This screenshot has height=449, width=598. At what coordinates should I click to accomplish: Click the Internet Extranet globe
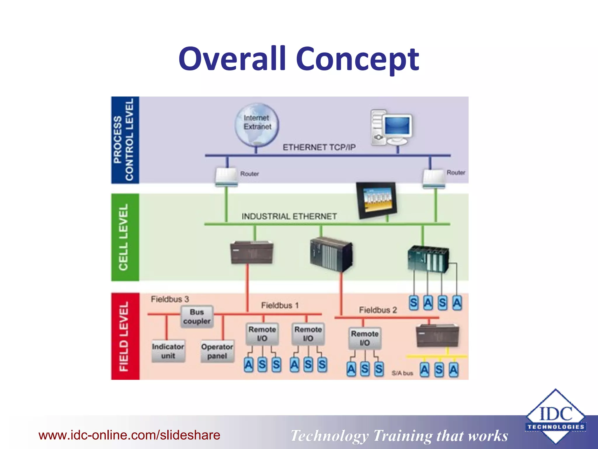tap(257, 124)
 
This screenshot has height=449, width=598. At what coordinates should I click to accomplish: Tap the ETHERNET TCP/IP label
tap(319, 147)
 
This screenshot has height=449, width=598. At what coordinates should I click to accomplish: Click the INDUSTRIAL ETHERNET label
tap(289, 216)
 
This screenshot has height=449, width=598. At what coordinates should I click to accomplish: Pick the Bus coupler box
tap(197, 317)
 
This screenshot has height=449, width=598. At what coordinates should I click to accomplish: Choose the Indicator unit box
tap(168, 351)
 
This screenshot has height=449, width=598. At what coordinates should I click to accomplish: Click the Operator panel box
tap(217, 351)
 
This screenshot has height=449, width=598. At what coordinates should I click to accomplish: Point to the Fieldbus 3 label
tap(170, 299)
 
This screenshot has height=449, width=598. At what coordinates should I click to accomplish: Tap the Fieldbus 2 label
tap(378, 310)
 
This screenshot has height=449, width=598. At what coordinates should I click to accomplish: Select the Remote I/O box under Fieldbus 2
tap(365, 338)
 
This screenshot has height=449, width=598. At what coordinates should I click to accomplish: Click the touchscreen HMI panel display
tap(376, 200)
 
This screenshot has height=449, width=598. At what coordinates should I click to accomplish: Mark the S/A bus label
tap(402, 373)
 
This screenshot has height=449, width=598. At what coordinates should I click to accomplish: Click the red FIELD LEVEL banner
tap(125, 336)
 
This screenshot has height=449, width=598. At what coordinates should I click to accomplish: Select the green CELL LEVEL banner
tap(125, 237)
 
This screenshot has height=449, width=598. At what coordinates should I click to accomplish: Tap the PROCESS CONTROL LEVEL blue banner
tap(125, 140)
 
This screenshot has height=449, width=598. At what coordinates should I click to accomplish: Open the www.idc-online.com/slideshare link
tap(129, 435)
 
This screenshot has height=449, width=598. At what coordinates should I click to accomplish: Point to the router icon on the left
tap(226, 177)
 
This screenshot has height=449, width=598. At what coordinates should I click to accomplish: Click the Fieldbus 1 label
tap(280, 305)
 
